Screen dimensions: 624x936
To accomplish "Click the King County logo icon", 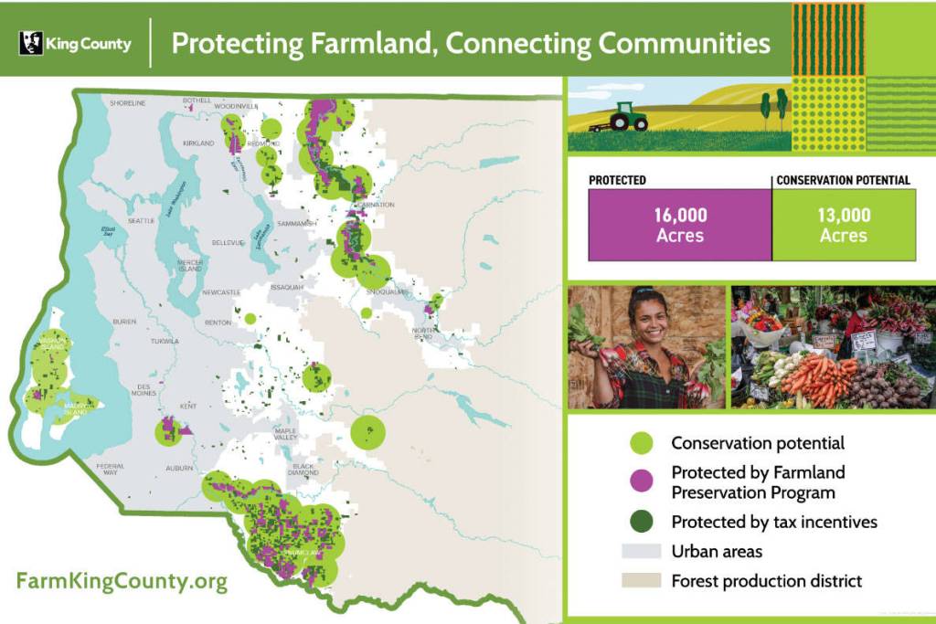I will coord(31,43).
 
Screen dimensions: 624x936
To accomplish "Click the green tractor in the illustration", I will coord(628,116).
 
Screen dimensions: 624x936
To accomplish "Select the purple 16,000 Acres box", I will coord(679,225).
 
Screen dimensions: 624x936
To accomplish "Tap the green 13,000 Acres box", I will coord(843,225).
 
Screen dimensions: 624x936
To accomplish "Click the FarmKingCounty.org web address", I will coord(122,581).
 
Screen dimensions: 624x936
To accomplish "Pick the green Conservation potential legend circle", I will coord(643,443).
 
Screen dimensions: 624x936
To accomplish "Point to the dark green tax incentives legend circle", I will coord(643,522).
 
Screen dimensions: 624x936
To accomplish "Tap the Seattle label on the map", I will coord(142,221).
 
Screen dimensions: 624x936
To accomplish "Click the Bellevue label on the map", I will coord(226,243).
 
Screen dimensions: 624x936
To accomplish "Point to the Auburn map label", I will coord(177,468).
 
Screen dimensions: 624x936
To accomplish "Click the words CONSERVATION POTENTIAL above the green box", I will coord(843,180).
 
